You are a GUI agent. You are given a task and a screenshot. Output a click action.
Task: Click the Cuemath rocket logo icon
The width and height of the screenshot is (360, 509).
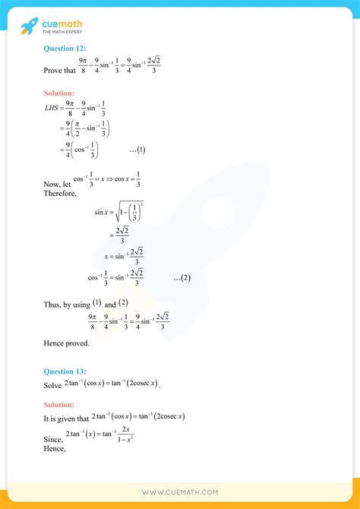coord(29,27)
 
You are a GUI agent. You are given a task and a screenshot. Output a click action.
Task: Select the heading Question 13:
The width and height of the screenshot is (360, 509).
coord(65,371)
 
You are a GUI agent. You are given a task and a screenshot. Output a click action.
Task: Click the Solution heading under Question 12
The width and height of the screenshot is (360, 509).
coord(62,93)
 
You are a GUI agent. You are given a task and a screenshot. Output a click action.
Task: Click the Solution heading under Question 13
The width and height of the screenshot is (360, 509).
coord(62,404)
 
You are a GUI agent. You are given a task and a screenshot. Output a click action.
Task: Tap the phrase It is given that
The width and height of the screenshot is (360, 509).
coord(65,418)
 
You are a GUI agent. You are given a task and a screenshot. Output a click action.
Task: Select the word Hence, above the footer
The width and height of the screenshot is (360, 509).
coord(55,448)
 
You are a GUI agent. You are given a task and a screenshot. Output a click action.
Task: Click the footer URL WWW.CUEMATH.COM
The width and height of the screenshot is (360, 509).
coord(180,492)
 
